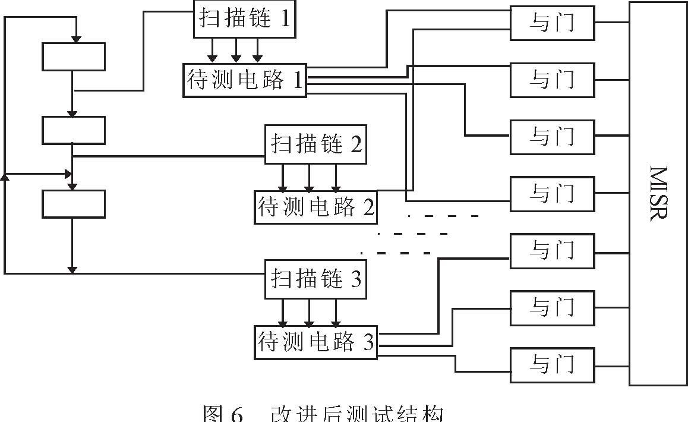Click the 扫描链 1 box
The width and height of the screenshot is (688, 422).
pyautogui.click(x=245, y=19)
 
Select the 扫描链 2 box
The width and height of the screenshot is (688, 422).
pyautogui.click(x=315, y=144)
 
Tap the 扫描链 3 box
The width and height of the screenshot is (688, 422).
pyautogui.click(x=315, y=279)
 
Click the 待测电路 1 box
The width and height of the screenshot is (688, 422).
pyautogui.click(x=244, y=80)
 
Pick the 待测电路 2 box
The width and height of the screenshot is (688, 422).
pyautogui.click(x=315, y=207)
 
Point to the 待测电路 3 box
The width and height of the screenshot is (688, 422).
pyautogui.click(x=315, y=342)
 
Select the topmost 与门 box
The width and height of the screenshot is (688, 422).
pyautogui.click(x=552, y=23)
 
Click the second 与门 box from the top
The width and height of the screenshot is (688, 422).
pyautogui.click(x=552, y=79)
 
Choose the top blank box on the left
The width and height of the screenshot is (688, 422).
pyautogui.click(x=74, y=57)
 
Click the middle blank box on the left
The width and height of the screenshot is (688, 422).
pyautogui.click(x=74, y=130)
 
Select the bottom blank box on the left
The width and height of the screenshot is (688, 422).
pyautogui.click(x=74, y=204)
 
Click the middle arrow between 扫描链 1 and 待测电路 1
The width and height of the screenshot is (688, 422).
pyautogui.click(x=236, y=57)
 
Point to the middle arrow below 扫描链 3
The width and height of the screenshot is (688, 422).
pyautogui.click(x=309, y=322)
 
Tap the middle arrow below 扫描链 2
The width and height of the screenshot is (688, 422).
pyautogui.click(x=309, y=187)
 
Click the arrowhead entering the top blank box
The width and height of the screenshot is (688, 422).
pyautogui.click(x=75, y=39)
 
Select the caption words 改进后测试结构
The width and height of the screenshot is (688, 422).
pyautogui.click(x=356, y=414)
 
